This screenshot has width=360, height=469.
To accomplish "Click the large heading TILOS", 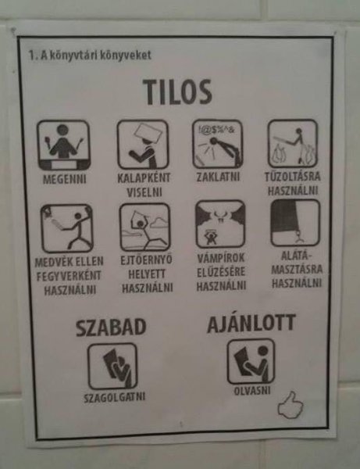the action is coord(177,92).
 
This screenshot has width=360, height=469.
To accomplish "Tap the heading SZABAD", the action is coord(111,328).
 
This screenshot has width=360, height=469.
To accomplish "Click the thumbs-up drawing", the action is coord(290,405).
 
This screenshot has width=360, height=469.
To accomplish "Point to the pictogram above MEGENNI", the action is coord(63,145).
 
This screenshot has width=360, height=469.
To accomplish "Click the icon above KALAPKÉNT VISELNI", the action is coord(143,145).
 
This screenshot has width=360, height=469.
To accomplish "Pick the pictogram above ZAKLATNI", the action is coord(218,144).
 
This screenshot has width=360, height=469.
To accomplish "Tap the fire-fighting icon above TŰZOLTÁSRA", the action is coord(293,143).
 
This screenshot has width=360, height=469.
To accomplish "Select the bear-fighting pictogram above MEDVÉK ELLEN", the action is coord(67,228).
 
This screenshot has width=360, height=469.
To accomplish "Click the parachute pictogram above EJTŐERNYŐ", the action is coord(145,227).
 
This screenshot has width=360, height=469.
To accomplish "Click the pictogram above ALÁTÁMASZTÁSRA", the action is coord(295,223).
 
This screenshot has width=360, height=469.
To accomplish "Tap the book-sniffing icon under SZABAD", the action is coord(112,367).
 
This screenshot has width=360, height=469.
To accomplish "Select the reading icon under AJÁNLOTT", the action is coord(251,361).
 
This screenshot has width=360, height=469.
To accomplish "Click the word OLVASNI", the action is coord(252,391).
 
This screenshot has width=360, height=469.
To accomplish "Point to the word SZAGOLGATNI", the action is coord(115,397).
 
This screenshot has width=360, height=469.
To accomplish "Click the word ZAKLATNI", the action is coord(218,177).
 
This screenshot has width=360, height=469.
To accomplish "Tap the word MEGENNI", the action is coord(64,179).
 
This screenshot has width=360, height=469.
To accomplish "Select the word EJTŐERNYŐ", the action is coord(146,260).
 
